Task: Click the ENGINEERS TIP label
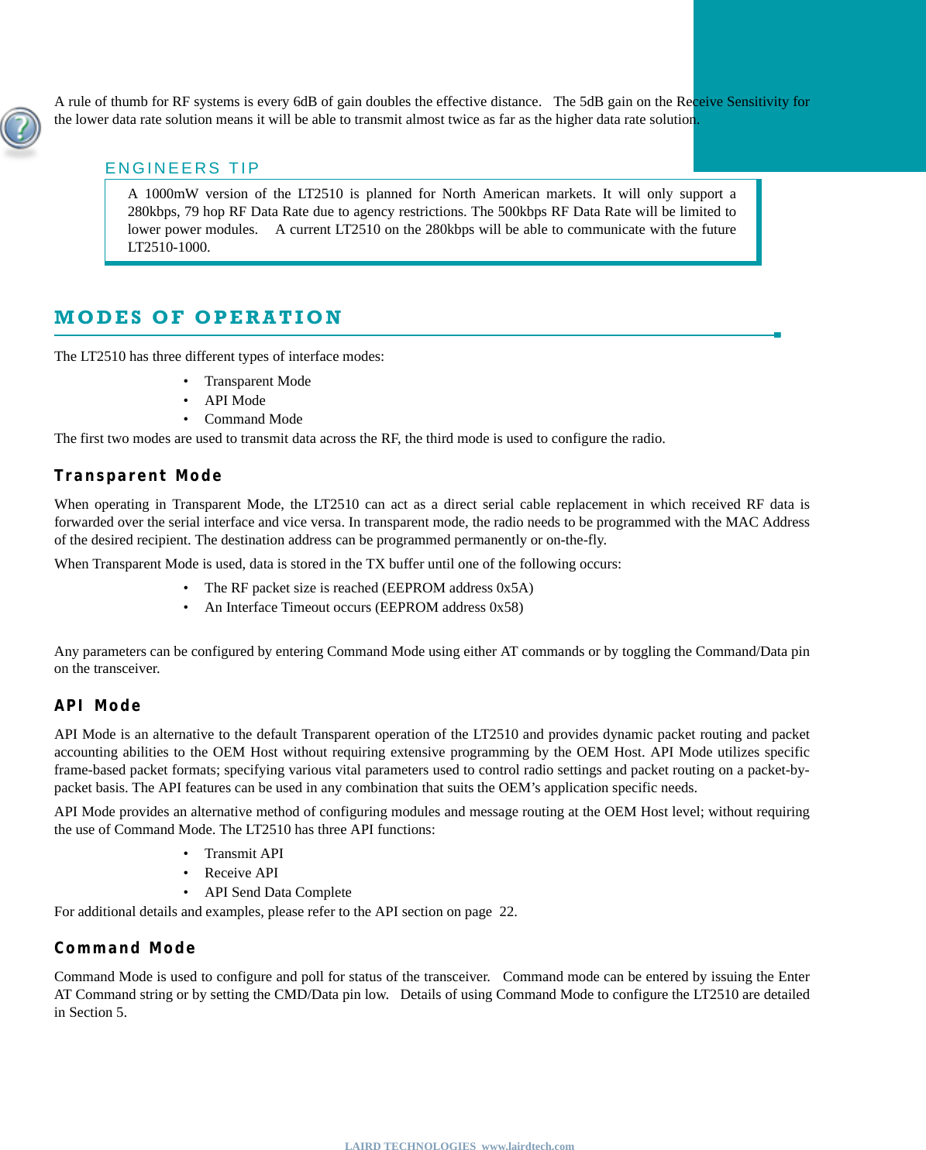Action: coord(182,168)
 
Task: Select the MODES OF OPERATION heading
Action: coord(198,318)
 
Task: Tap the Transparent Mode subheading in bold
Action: coord(138,475)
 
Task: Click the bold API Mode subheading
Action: coord(98,705)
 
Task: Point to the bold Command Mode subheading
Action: coord(125,948)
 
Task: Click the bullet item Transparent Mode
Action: coord(257,381)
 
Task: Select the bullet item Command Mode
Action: coord(253,419)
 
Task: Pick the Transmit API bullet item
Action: coord(243,853)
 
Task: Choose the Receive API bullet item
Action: coord(241,873)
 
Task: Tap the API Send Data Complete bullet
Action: coord(277,892)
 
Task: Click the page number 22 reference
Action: coord(507,911)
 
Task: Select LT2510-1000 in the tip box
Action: coord(168,247)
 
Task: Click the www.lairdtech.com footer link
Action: coord(528,1146)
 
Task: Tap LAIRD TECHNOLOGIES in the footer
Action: coord(410,1146)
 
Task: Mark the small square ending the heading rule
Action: coord(777,335)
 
